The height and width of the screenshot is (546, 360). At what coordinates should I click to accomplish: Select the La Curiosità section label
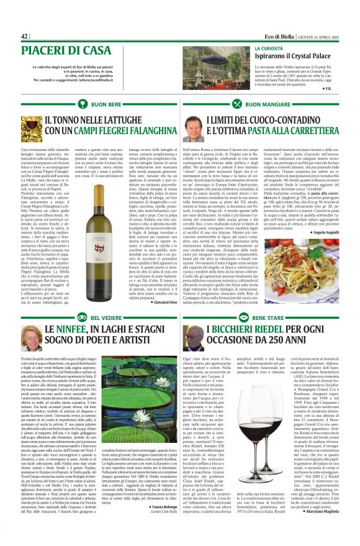point(268,47)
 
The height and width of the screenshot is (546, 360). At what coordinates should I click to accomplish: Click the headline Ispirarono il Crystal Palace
point(292,56)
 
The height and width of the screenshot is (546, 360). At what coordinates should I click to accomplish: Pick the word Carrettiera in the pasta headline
point(313,131)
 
